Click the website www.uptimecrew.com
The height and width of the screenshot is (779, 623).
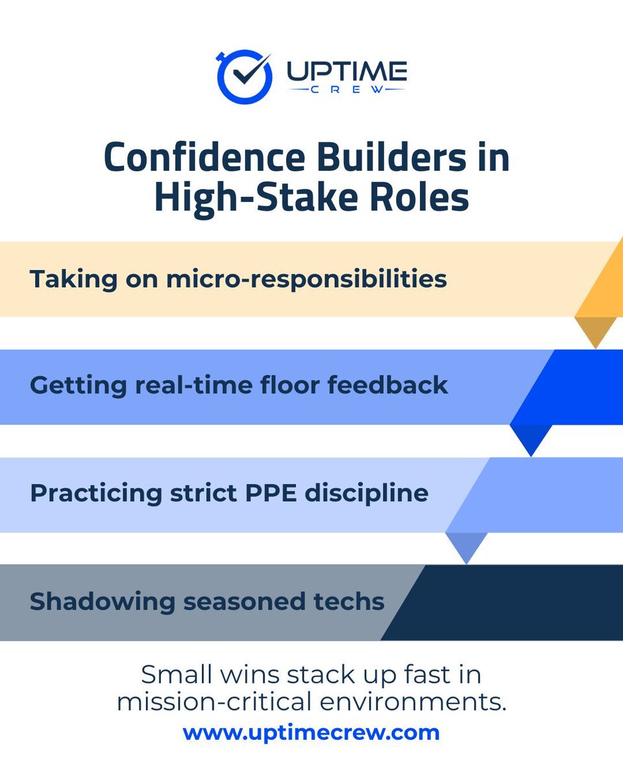tap(311, 733)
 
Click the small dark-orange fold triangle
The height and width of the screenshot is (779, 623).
tap(595, 330)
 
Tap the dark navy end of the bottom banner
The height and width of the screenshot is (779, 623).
tap(513, 602)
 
